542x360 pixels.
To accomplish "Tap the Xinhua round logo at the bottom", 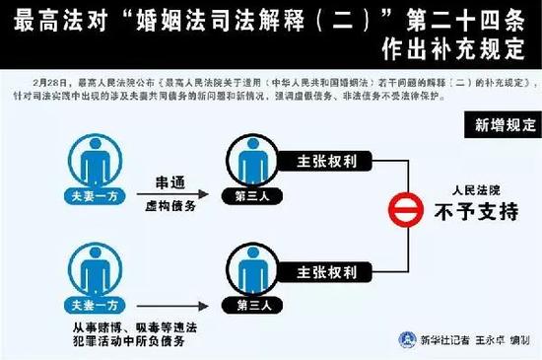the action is [x=404, y=339].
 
